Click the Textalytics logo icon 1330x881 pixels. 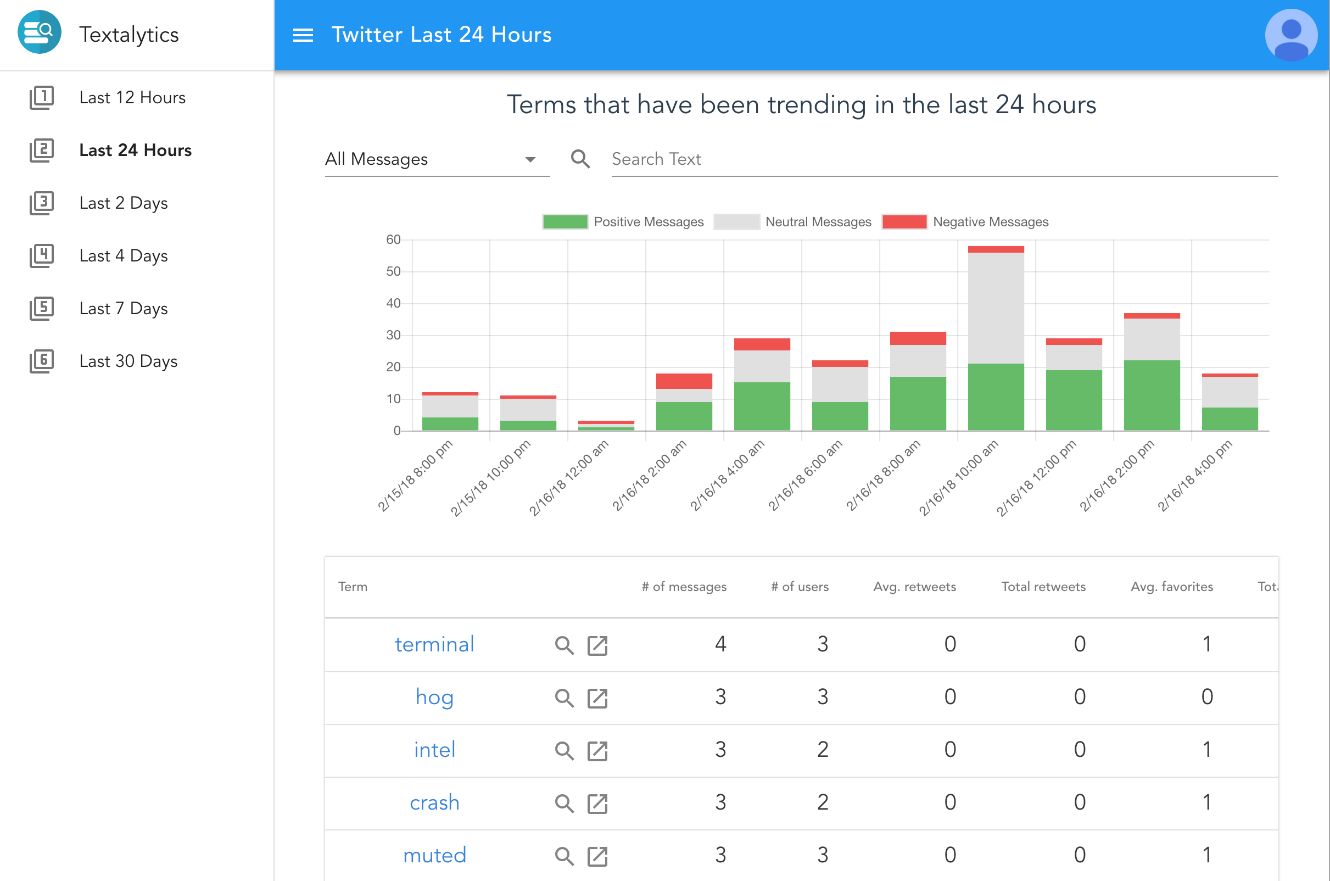[x=40, y=32]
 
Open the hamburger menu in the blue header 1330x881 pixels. [x=303, y=35]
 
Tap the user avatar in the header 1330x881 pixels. [x=1291, y=35]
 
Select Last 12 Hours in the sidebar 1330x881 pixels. [x=132, y=98]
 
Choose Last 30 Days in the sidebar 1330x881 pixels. [x=128, y=361]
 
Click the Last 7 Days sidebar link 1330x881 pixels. [x=124, y=309]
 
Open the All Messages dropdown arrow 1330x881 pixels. [x=530, y=160]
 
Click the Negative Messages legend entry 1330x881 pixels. [x=965, y=222]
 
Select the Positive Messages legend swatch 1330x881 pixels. [x=565, y=222]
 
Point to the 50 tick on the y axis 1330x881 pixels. [x=393, y=272]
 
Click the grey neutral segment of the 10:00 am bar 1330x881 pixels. [x=996, y=309]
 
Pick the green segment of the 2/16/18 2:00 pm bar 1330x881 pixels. [x=1152, y=395]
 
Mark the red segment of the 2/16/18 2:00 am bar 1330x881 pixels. [x=684, y=382]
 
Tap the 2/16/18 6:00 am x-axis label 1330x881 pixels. [x=806, y=476]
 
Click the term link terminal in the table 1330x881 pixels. [x=434, y=644]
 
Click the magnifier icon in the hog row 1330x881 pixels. [x=565, y=699]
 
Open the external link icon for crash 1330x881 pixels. [x=597, y=804]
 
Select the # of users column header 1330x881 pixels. [x=800, y=587]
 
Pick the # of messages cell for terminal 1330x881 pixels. [x=720, y=644]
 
